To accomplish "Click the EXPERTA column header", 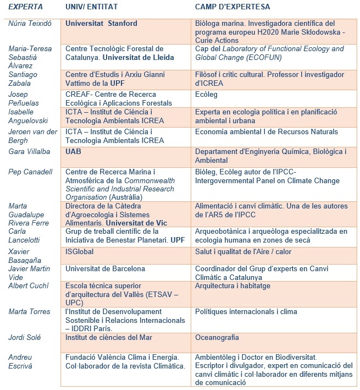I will (x=25, y=8).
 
